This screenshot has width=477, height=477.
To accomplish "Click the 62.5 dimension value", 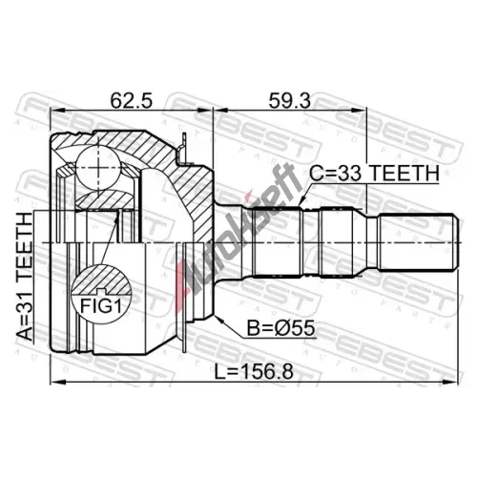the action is click(132, 100).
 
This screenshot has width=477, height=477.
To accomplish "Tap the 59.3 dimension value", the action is click(289, 100).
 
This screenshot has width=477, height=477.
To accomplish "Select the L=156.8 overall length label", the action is click(254, 371).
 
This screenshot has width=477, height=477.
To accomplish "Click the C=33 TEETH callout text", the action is click(375, 174).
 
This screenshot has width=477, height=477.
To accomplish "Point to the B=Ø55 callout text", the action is click(281, 328).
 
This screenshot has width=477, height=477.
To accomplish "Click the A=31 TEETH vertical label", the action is click(25, 277).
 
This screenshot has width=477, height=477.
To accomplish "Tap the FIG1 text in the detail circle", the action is click(101, 306).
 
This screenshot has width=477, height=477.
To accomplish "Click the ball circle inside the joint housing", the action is click(98, 168).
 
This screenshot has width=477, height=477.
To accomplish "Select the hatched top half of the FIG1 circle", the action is click(101, 279).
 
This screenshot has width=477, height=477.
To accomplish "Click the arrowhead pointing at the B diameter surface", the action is click(219, 319).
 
